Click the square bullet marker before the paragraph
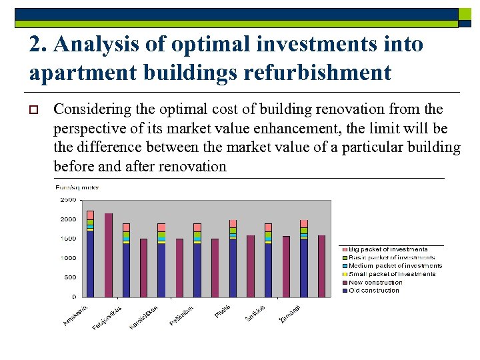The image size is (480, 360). [35, 110]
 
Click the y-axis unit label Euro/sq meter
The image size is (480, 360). [77, 187]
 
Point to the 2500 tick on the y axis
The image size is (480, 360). [67, 200]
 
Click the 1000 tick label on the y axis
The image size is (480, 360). [67, 258]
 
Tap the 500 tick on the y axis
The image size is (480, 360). [69, 277]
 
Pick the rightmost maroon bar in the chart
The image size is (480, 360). [321, 266]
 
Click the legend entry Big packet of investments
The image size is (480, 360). [387, 249]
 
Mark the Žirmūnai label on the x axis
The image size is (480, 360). [289, 314]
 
